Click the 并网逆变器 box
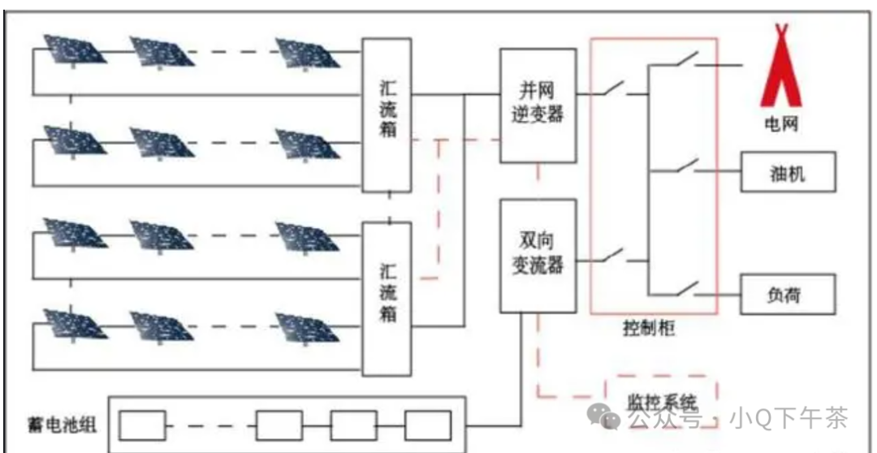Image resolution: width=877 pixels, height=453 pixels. click(x=538, y=105)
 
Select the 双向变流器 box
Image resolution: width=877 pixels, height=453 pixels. click(x=538, y=255)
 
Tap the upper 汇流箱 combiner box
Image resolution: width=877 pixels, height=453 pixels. click(x=387, y=114)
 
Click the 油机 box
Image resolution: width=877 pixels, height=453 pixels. click(x=787, y=173)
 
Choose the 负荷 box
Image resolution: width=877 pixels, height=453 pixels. click(x=787, y=293)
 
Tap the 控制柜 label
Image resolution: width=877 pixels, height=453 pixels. click(x=650, y=329)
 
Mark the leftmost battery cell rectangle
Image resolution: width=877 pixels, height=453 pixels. click(x=142, y=425)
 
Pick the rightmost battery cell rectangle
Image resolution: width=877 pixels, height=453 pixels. click(x=428, y=425)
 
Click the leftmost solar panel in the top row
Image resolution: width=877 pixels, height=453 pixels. click(x=73, y=50)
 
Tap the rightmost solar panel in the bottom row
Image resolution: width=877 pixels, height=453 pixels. click(x=307, y=325)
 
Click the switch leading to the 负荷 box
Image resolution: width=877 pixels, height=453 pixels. click(x=687, y=288)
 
